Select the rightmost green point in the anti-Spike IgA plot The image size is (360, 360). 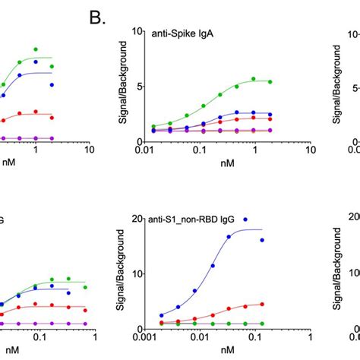point(292,81)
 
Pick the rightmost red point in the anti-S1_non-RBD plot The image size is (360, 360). point(284,304)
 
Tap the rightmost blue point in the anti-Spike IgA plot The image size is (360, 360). point(292,115)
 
